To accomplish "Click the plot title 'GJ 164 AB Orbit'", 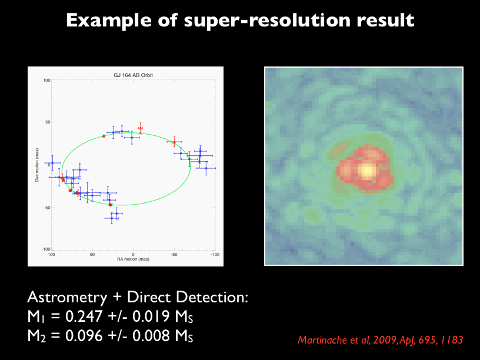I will click(x=133, y=75).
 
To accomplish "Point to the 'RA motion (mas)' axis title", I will click(x=133, y=259).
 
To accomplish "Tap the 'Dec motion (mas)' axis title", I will click(x=36, y=165).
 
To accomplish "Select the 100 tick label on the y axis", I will click(x=46, y=80).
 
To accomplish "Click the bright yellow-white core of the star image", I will click(x=366, y=171).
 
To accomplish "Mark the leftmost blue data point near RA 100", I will click(x=52, y=163).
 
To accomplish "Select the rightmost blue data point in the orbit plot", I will click(x=206, y=168).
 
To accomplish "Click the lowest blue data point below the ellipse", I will click(x=112, y=218).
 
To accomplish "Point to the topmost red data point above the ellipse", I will click(x=140, y=128).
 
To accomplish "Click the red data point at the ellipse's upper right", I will click(x=174, y=142).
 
